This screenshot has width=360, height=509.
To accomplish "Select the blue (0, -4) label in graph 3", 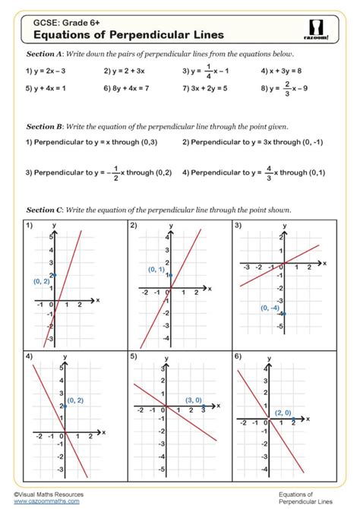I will (x=269, y=308).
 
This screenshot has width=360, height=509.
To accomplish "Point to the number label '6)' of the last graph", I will (x=238, y=356).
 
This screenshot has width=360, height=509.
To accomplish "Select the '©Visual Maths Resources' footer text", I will (x=49, y=494).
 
